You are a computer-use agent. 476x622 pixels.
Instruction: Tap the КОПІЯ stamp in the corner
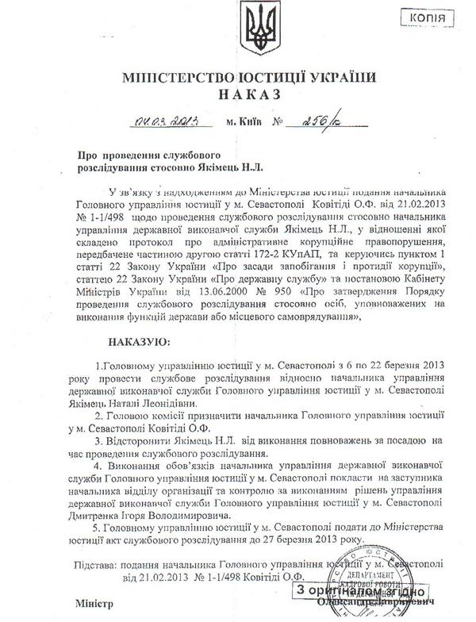click(x=439, y=18)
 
